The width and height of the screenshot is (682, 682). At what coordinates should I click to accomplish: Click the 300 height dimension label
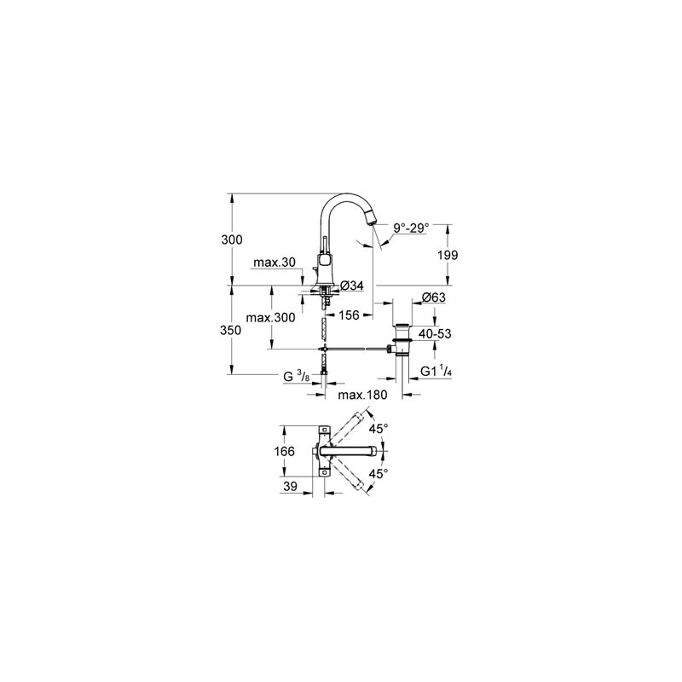[232, 240]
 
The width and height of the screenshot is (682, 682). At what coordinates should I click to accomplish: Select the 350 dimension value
[230, 331]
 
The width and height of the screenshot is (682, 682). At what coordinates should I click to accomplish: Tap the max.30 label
[275, 263]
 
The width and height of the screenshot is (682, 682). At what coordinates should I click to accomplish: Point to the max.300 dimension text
[270, 318]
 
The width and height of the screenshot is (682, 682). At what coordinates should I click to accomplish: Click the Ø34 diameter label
[351, 286]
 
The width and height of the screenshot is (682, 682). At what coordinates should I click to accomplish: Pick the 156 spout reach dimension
[349, 315]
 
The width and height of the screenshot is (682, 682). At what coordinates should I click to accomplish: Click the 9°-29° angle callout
[411, 228]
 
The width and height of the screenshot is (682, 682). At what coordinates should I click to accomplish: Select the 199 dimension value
[448, 255]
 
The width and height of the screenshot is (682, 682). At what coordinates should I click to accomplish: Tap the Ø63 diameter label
[434, 298]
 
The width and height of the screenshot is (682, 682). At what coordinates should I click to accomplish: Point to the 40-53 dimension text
[435, 334]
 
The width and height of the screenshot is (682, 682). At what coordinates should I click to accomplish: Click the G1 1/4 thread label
[436, 371]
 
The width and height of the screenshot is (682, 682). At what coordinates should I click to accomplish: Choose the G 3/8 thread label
[297, 376]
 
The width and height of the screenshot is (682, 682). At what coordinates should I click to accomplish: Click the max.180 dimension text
[362, 395]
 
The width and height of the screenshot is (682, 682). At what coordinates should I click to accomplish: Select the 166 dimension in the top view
[285, 452]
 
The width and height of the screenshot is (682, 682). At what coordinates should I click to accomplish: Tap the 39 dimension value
[291, 486]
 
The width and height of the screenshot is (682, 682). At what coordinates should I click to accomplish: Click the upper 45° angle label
[379, 429]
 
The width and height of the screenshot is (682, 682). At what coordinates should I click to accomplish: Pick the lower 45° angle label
[379, 474]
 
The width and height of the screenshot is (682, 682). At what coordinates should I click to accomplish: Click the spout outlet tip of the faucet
[370, 221]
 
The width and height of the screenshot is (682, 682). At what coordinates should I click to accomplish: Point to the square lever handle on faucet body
[325, 262]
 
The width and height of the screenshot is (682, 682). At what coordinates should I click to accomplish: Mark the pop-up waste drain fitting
[402, 340]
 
